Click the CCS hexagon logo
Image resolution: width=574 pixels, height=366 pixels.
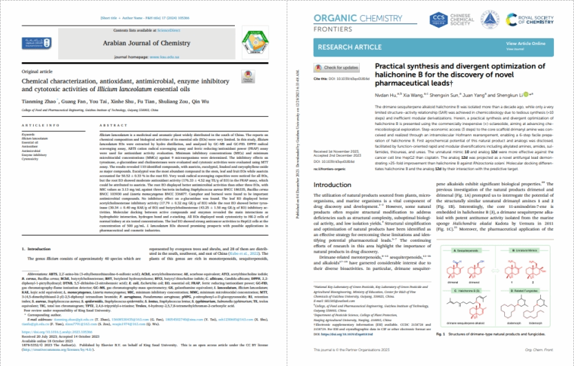[x=458, y=21]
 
